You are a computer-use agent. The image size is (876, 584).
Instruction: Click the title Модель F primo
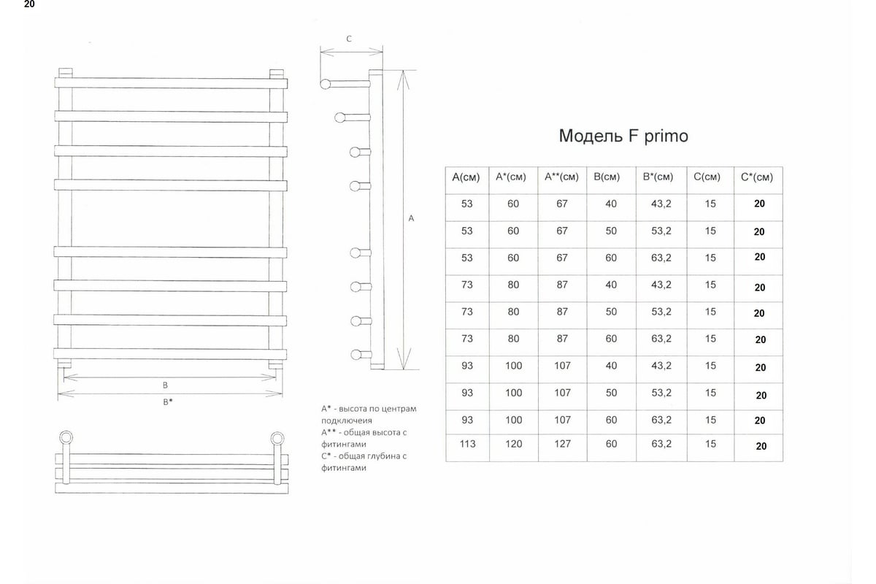[623, 136]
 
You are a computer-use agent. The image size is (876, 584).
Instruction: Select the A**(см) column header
[561, 177]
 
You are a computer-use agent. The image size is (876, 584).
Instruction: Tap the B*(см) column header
[658, 177]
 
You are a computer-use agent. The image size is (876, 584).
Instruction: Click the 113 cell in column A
[467, 444]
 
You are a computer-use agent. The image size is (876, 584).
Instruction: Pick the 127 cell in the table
[562, 444]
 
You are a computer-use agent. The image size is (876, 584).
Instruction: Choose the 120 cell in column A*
[513, 444]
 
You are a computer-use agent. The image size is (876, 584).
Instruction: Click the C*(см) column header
[757, 177]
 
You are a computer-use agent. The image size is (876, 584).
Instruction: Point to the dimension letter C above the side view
[349, 39]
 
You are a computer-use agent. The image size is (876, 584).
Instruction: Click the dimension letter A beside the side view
[411, 218]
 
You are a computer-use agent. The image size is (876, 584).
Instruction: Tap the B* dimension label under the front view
[168, 401]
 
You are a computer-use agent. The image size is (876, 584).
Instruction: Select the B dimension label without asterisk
[165, 385]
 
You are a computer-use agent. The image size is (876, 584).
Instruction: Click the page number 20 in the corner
[29, 4]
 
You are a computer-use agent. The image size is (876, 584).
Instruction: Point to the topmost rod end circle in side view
[326, 84]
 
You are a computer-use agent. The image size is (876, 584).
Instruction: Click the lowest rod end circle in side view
[356, 356]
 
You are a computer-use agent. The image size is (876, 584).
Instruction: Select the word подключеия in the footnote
[347, 421]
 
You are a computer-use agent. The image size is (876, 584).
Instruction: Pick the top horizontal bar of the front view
[171, 83]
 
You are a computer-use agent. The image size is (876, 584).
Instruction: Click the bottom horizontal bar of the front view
[170, 354]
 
